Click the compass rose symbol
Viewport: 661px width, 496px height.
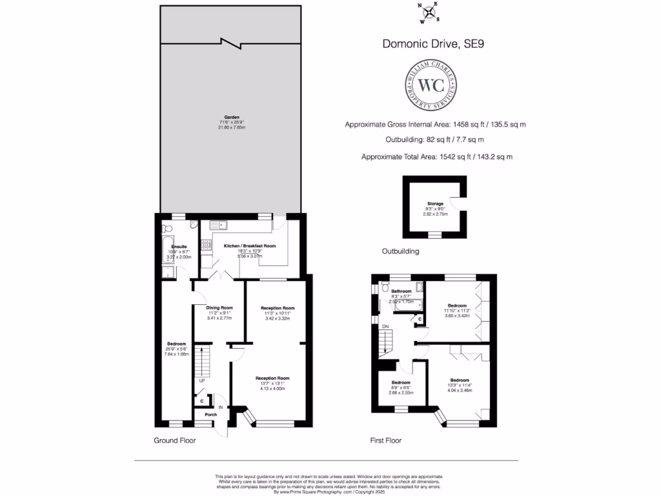pyautogui.click(x=429, y=12)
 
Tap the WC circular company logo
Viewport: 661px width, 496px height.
pyautogui.click(x=432, y=85)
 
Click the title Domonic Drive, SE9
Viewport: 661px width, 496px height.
pyautogui.click(x=432, y=45)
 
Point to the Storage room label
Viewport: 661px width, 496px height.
pyautogui.click(x=435, y=203)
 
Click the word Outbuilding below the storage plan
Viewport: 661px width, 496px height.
pyautogui.click(x=400, y=251)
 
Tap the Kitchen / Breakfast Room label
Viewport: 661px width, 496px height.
pyautogui.click(x=249, y=246)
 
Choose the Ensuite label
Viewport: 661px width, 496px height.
pyautogui.click(x=178, y=247)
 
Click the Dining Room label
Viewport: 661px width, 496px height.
pyautogui.click(x=219, y=307)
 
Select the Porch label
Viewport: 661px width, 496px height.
pyautogui.click(x=210, y=414)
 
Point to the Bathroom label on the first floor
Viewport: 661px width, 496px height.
pyautogui.click(x=401, y=291)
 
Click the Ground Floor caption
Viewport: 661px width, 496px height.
pyautogui.click(x=174, y=440)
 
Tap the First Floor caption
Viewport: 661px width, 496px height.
pyautogui.click(x=386, y=440)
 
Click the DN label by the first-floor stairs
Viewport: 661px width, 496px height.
pyautogui.click(x=385, y=327)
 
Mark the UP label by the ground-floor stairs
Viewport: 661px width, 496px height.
pyautogui.click(x=201, y=380)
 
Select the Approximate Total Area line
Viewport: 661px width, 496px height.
pyautogui.click(x=437, y=156)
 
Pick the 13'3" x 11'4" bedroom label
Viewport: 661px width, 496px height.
pyautogui.click(x=460, y=380)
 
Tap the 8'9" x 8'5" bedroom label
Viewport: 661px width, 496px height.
pyautogui.click(x=400, y=382)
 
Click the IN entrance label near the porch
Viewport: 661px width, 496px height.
pyautogui.click(x=221, y=407)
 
